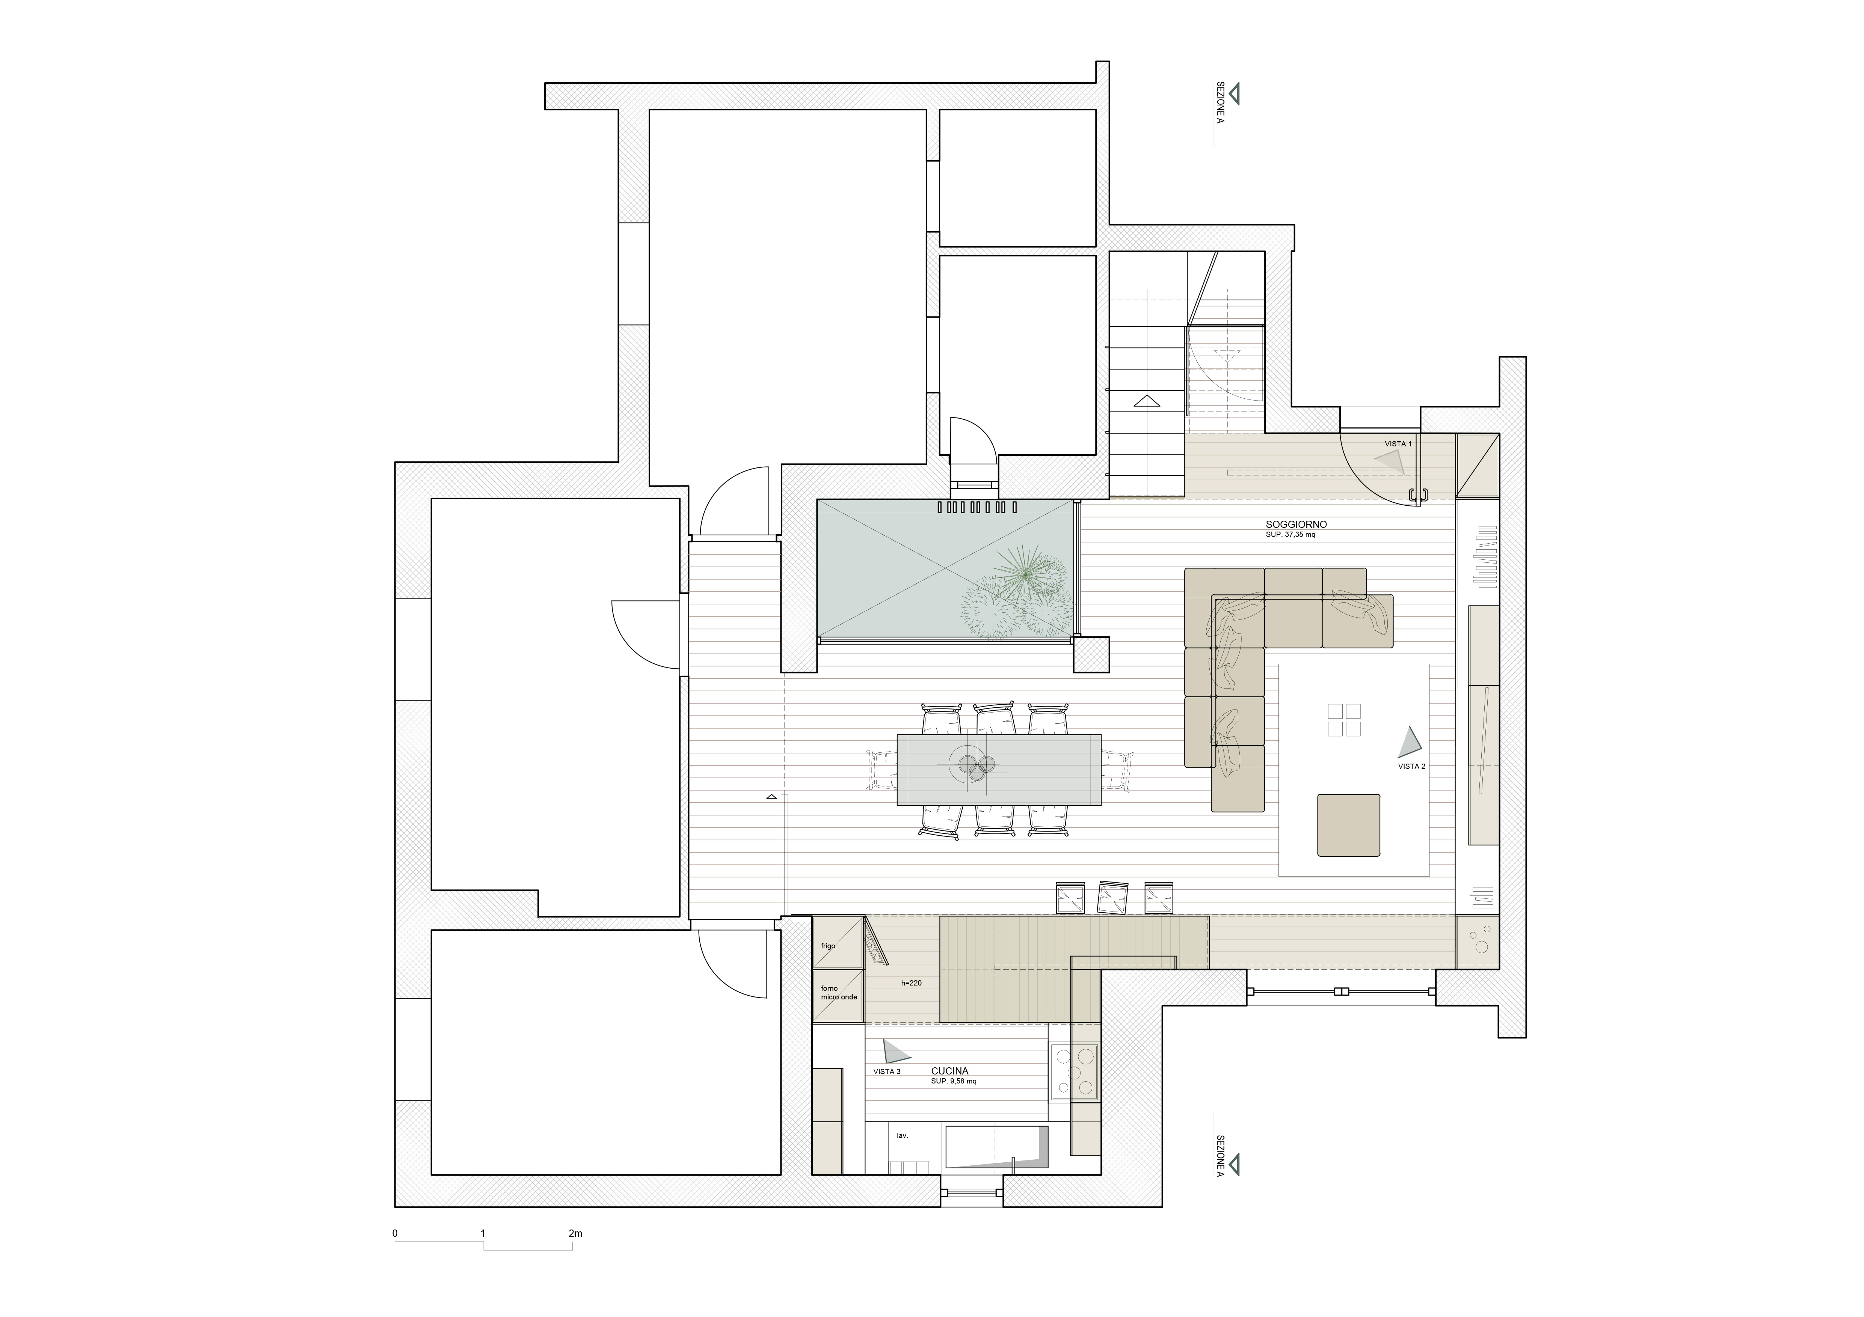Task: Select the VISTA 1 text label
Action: pos(1398,444)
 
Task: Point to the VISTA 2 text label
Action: pos(1411,766)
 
